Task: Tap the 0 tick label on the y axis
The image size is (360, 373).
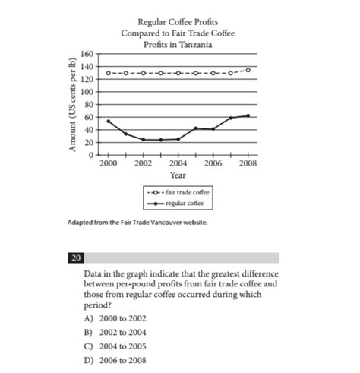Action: pyautogui.click(x=90, y=155)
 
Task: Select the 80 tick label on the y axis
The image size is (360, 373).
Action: pyautogui.click(x=89, y=105)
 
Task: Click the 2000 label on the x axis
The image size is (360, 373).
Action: pyautogui.click(x=108, y=164)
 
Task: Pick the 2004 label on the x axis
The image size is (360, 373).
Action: pyautogui.click(x=178, y=164)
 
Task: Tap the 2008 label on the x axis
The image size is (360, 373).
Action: pyautogui.click(x=248, y=164)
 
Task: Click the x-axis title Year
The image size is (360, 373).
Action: pyautogui.click(x=178, y=175)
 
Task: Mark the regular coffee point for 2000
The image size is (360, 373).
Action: pyautogui.click(x=109, y=121)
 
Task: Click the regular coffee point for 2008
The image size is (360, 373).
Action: pyautogui.click(x=248, y=115)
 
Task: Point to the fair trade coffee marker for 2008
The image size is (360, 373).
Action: pyautogui.click(x=248, y=70)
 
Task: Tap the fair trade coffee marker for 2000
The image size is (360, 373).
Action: pyautogui.click(x=109, y=73)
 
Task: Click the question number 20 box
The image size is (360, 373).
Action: pyautogui.click(x=77, y=258)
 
